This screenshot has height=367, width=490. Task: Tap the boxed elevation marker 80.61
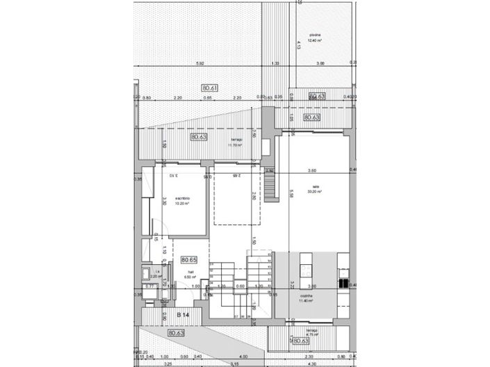coord(210,88)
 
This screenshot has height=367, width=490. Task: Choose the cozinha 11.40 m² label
coord(306,297)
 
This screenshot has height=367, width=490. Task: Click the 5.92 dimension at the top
coord(200,64)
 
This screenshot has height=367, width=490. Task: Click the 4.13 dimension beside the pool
coord(298,45)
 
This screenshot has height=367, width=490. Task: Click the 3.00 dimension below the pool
coord(320,64)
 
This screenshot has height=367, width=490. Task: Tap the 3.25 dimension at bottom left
coord(168,364)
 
